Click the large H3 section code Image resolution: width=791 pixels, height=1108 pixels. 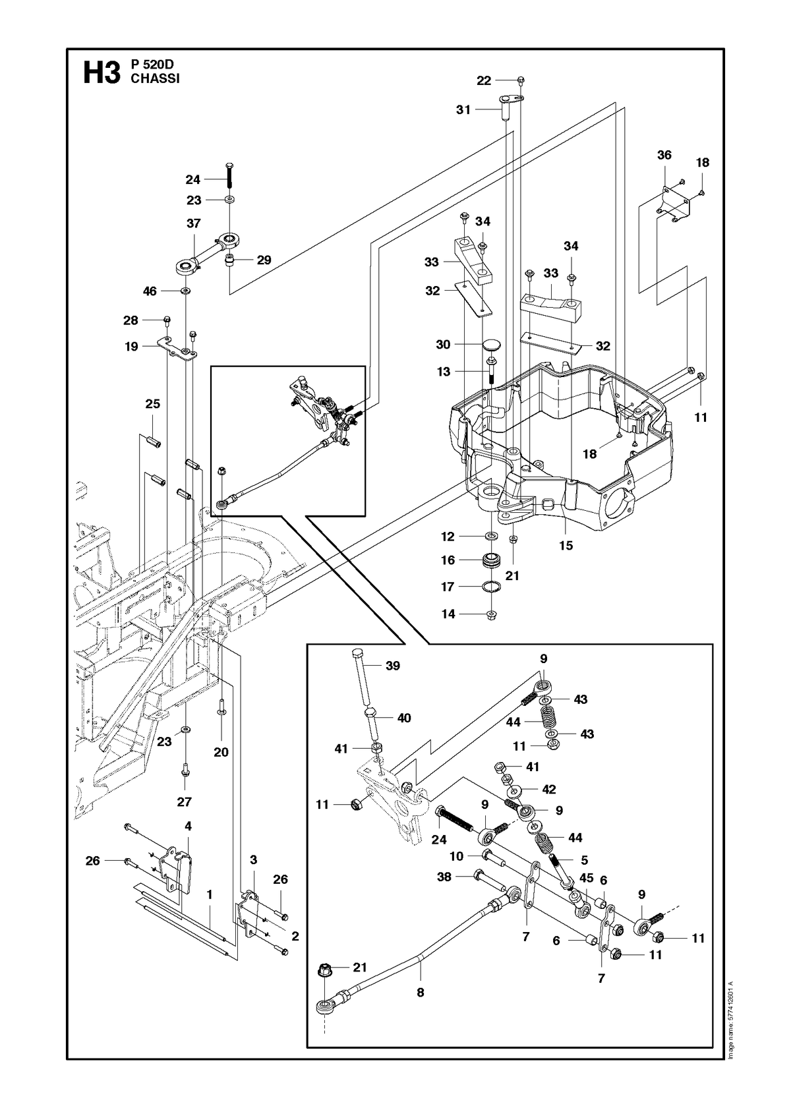tap(102, 73)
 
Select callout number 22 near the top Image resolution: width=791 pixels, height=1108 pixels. tap(484, 80)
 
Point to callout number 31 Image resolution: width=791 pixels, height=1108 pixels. tap(463, 110)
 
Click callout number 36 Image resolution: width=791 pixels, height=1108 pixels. tap(664, 155)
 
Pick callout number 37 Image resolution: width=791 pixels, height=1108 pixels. tap(193, 223)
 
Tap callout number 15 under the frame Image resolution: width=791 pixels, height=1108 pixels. tap(566, 545)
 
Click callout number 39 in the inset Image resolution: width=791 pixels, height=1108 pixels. tap(393, 665)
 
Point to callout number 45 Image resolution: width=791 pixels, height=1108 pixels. tap(586, 877)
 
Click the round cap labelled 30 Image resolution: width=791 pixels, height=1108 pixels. tap(490, 344)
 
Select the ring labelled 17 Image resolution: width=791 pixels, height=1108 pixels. tap(491, 587)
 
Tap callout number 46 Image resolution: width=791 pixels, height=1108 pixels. tap(150, 291)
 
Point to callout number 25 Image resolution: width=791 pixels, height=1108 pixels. tap(152, 403)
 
